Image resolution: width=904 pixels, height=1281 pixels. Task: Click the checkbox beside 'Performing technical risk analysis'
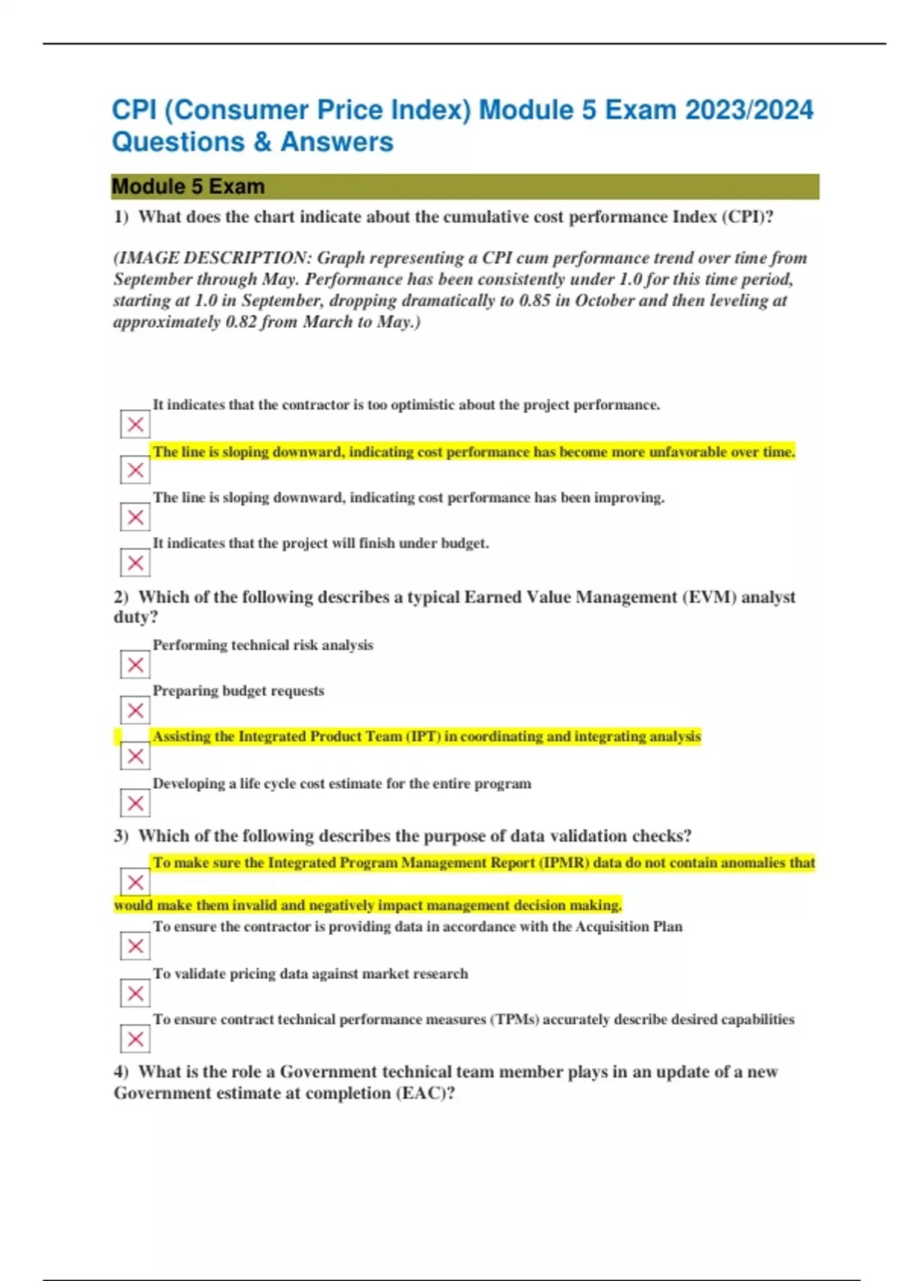tap(136, 665)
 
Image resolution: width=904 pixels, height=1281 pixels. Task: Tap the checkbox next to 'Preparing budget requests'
tap(136, 711)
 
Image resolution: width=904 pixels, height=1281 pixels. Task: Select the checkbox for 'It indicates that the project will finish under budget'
tap(136, 563)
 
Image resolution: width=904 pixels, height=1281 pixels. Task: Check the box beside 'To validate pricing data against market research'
tap(136, 993)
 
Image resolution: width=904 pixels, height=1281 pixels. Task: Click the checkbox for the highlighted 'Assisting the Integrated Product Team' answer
tap(136, 757)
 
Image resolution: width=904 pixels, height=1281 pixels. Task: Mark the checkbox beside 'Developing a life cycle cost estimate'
tap(136, 803)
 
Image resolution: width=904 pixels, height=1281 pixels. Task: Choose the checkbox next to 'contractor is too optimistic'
tap(136, 424)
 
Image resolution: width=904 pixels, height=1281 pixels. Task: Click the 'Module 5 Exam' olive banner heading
tap(188, 187)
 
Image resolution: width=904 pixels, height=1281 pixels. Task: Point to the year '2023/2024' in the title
tap(749, 110)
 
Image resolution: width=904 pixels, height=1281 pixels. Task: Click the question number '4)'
tap(121, 1072)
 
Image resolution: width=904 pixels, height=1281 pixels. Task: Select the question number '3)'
tap(121, 836)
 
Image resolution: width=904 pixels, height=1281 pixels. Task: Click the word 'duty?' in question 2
tap(136, 617)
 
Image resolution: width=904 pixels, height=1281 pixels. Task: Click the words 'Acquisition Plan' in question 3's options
tap(629, 927)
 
